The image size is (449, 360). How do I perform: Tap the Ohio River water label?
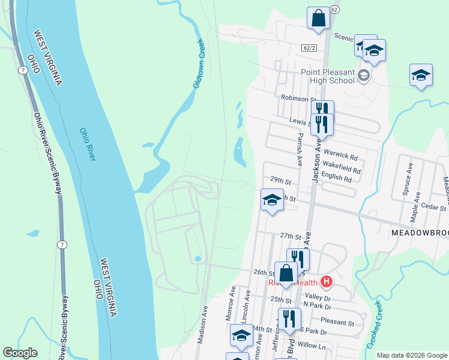pyautogui.click(x=88, y=144)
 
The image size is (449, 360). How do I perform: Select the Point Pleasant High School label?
pyautogui.click(x=328, y=76)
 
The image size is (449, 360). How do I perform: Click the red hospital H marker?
pyautogui.click(x=327, y=281)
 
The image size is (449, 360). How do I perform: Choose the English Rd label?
pyautogui.click(x=336, y=178)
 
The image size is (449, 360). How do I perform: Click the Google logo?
pyautogui.click(x=20, y=353)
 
